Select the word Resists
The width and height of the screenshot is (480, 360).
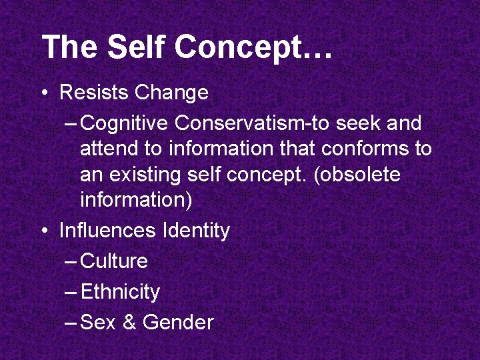95,92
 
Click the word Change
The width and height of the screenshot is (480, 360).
171,92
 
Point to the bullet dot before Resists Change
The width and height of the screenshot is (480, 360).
45,93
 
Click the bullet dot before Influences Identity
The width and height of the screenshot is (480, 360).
45,231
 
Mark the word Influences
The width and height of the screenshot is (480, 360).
108,231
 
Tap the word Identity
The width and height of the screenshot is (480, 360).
196,231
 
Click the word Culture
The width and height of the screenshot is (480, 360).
114,261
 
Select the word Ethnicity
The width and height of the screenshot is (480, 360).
120,292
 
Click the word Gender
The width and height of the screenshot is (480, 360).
178,323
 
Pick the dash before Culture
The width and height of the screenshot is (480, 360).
71,261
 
